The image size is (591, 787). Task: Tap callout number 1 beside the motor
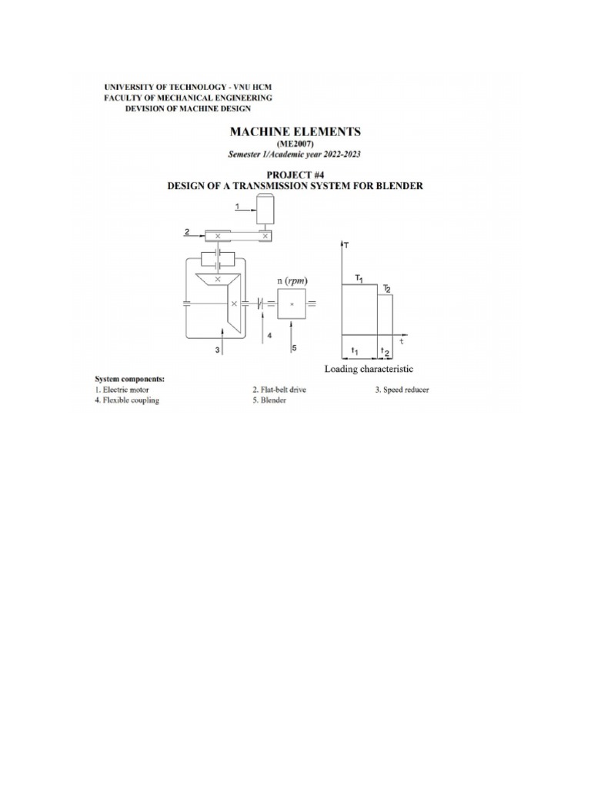(237, 205)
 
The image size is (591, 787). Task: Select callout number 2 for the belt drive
(187, 231)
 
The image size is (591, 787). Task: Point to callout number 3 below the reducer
(218, 350)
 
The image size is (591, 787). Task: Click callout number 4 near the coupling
(269, 335)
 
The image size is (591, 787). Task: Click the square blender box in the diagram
(291, 304)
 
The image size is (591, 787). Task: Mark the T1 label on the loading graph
(359, 277)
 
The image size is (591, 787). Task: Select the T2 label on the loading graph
(387, 288)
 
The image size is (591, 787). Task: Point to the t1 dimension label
(355, 350)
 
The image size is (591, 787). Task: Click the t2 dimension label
(386, 352)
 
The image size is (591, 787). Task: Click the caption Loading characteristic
(369, 369)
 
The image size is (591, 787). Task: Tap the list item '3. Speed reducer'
(402, 390)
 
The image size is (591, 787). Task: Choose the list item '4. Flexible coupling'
(127, 401)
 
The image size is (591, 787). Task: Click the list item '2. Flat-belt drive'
(275, 390)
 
